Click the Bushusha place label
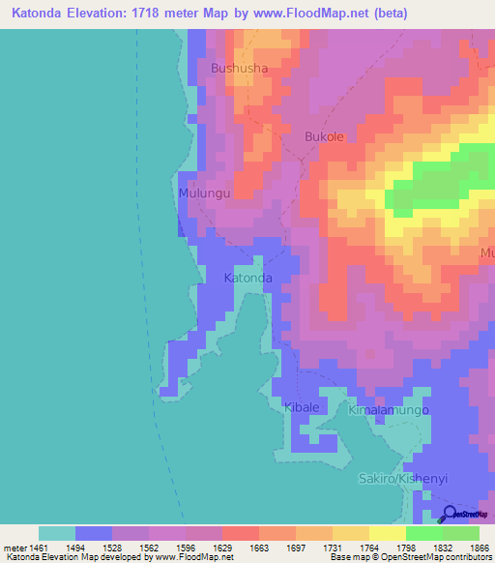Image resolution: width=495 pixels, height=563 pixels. click(239, 69)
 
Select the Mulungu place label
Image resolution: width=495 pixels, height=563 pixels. click(204, 193)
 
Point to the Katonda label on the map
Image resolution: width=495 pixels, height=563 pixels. click(247, 278)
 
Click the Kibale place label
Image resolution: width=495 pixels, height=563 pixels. click(302, 407)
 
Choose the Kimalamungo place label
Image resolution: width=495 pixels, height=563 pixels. click(388, 410)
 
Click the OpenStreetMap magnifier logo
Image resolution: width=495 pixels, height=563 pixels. click(451, 514)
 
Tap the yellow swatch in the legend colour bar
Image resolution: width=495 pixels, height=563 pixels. click(387, 533)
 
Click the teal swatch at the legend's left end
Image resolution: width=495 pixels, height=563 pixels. click(57, 533)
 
